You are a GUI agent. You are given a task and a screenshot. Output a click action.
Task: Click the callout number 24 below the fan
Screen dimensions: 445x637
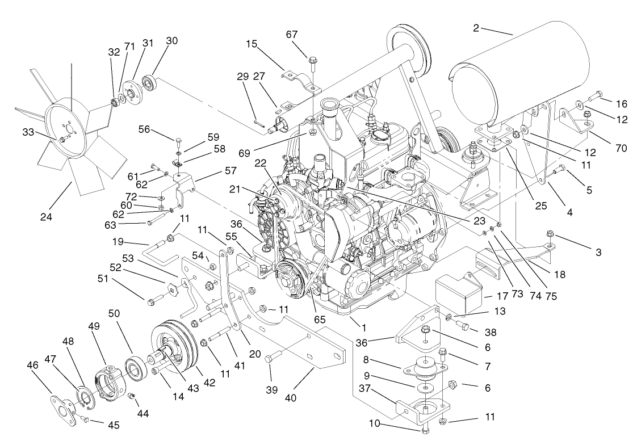48,216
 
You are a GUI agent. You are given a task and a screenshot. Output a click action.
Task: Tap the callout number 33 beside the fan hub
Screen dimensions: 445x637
28,132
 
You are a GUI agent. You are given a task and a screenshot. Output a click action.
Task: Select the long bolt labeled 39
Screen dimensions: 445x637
273,358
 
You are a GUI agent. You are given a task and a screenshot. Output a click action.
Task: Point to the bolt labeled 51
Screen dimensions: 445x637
153,301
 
